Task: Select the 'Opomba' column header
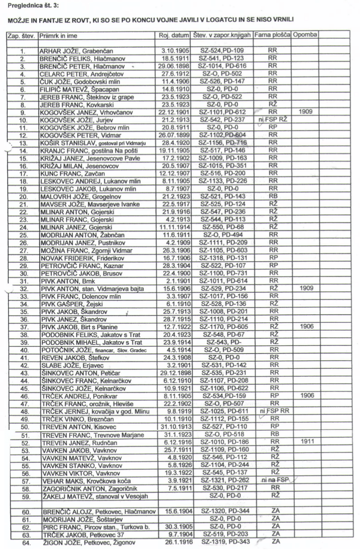pos(305,35)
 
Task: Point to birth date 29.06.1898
pos(174,66)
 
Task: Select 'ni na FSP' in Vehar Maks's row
pos(273,480)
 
